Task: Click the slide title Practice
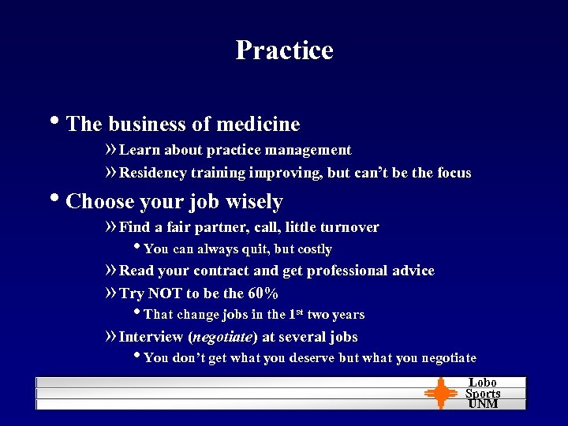click(x=284, y=50)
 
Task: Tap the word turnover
click(x=348, y=227)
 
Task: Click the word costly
click(x=315, y=249)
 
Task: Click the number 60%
click(x=263, y=293)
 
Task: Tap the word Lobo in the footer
click(x=483, y=383)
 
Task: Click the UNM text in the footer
click(x=483, y=404)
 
